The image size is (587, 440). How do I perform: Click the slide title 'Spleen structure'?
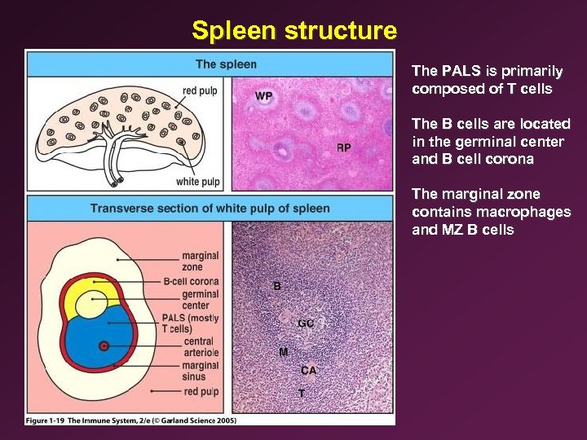(294, 31)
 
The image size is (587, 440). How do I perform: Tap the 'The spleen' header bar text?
(226, 64)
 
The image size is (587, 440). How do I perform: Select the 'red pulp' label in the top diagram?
(200, 91)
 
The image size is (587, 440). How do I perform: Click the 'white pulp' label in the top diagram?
(199, 181)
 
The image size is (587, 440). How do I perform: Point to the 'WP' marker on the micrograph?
(263, 96)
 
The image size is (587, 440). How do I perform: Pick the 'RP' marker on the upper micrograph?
(344, 147)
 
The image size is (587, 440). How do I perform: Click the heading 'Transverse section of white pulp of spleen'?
(210, 208)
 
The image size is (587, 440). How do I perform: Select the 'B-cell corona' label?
(191, 282)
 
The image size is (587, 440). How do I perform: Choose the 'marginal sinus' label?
(201, 372)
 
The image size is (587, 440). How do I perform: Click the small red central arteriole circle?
(104, 346)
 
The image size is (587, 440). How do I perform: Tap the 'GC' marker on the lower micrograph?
(306, 323)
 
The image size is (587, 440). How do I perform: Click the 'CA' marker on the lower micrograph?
(309, 371)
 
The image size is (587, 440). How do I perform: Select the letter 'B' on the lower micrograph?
(277, 286)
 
